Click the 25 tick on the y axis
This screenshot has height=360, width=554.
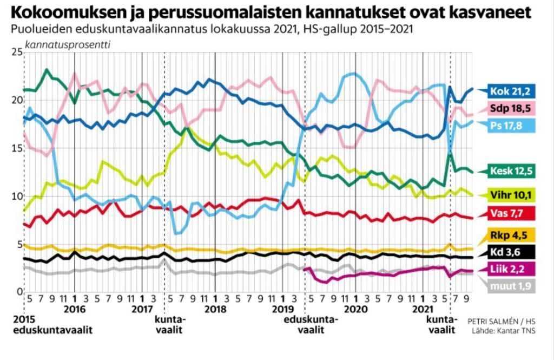tap(16, 52)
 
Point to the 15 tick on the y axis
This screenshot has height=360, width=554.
tap(16, 148)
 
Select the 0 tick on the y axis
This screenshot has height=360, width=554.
tap(18, 293)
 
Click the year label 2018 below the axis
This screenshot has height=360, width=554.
tap(216, 309)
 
